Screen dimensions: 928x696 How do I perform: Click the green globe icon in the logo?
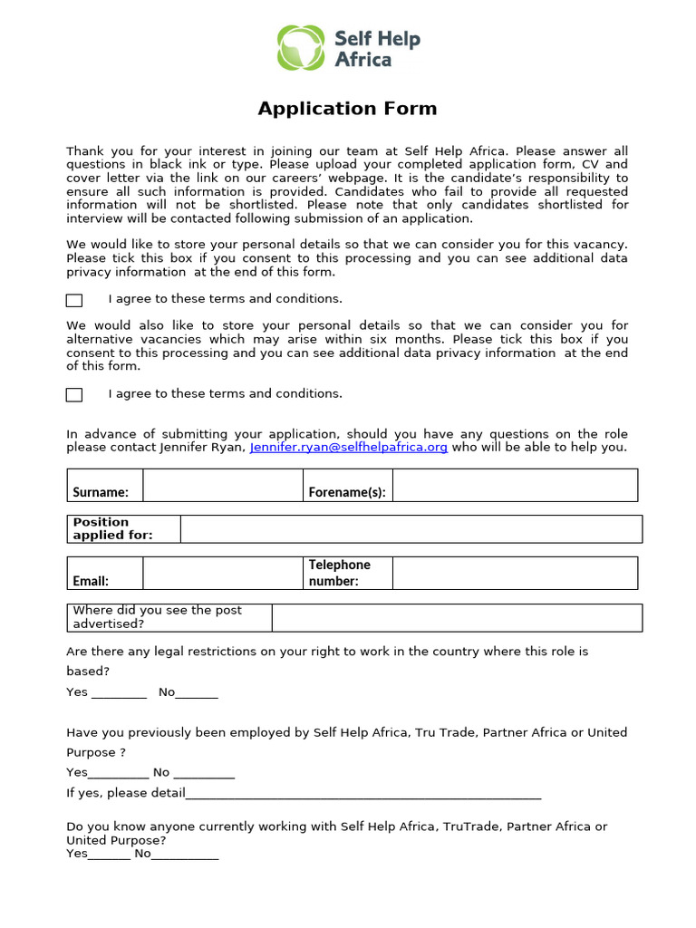(x=300, y=48)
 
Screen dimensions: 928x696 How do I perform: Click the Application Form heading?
(x=347, y=109)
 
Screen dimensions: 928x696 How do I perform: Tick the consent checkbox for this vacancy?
(x=74, y=300)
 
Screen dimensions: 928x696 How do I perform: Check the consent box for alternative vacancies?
(x=74, y=394)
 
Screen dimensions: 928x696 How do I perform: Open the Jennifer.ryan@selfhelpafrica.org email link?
(x=349, y=448)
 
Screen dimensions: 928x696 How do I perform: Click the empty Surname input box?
(x=222, y=486)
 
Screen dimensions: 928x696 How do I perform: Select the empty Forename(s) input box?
(x=515, y=486)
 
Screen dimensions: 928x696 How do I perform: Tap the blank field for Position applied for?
(x=411, y=529)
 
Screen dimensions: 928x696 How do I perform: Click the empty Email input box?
(x=222, y=573)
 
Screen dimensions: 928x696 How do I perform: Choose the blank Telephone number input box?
(x=515, y=573)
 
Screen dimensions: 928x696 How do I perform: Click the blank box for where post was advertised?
(x=457, y=618)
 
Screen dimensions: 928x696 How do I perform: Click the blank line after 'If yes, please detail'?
(x=362, y=795)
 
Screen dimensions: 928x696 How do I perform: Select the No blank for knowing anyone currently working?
(x=185, y=855)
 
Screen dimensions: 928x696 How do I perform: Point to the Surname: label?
(x=101, y=493)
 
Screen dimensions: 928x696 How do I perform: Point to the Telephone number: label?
(x=339, y=573)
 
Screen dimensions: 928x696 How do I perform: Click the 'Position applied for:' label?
(x=113, y=528)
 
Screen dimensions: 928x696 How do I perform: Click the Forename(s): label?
(x=347, y=493)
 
